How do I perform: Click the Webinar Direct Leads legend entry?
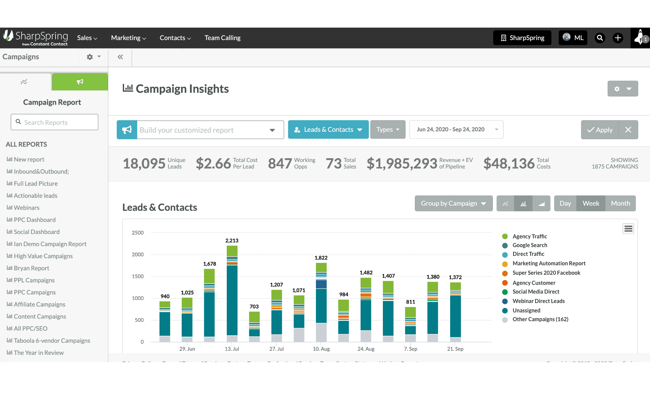coord(538,301)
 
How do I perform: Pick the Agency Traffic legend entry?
coord(530,236)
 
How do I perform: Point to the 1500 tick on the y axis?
coord(138,276)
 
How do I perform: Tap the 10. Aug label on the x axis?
coord(321,349)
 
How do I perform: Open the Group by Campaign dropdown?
coord(453,203)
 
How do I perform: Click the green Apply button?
coord(600,130)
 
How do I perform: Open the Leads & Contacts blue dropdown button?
coord(328,130)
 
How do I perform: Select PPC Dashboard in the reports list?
coord(35,220)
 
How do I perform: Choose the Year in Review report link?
coord(39,353)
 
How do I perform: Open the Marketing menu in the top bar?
coord(128,38)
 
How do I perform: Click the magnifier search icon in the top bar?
coord(600,38)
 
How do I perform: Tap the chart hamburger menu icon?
coord(628,229)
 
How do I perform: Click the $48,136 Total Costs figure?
coord(509,164)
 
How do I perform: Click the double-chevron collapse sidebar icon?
coord(120,57)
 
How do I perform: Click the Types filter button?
coord(388,130)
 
